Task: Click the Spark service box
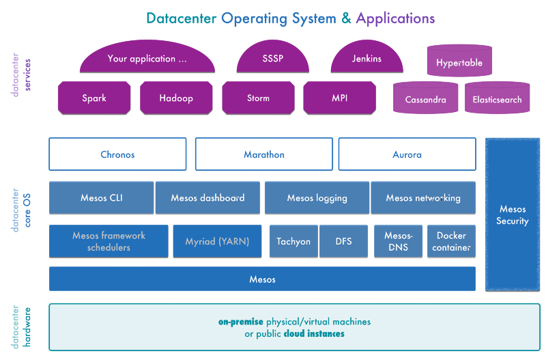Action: click(x=94, y=98)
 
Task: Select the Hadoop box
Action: click(x=176, y=98)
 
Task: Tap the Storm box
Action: click(x=258, y=98)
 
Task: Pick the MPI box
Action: click(x=339, y=98)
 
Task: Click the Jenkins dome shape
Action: click(x=367, y=60)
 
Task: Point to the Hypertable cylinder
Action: click(x=459, y=62)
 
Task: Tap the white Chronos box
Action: click(x=117, y=154)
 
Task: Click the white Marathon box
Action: click(x=264, y=154)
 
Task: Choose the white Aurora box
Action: click(x=407, y=154)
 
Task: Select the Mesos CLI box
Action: click(x=102, y=198)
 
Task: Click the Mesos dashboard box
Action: click(x=207, y=198)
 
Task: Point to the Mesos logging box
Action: click(x=317, y=198)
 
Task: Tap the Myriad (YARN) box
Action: click(x=217, y=241)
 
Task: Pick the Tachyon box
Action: click(x=293, y=241)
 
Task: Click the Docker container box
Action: click(x=451, y=241)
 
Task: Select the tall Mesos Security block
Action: click(x=513, y=214)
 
